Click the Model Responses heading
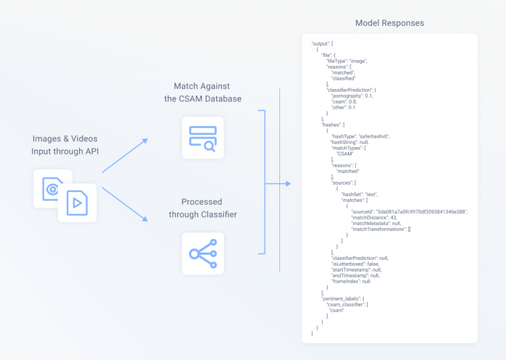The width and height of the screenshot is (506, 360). (389, 23)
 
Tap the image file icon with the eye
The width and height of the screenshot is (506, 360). (52, 189)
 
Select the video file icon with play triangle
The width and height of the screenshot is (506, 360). (77, 203)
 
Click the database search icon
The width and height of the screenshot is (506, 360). (203, 138)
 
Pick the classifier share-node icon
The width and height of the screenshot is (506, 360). (203, 254)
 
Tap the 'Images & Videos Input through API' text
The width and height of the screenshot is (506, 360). (66, 145)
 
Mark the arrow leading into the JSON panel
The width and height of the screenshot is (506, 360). (279, 183)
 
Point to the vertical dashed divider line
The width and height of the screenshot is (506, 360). (280, 178)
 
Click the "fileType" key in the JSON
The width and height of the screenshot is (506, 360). (337, 61)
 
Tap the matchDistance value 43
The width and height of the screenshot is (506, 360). (395, 217)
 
